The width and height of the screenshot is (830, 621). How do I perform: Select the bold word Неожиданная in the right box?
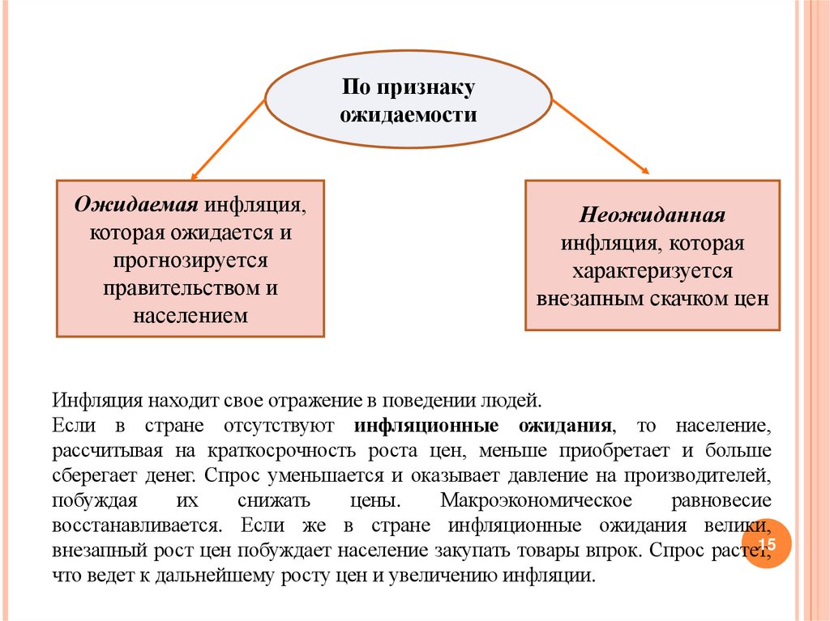click(652, 217)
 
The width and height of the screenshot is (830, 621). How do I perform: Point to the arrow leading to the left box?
click(228, 138)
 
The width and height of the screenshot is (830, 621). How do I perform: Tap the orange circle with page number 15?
click(766, 544)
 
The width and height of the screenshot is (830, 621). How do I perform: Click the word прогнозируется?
click(190, 260)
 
